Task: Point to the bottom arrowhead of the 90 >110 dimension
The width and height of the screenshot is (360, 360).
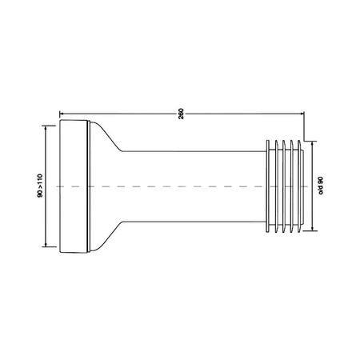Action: click(46, 247)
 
